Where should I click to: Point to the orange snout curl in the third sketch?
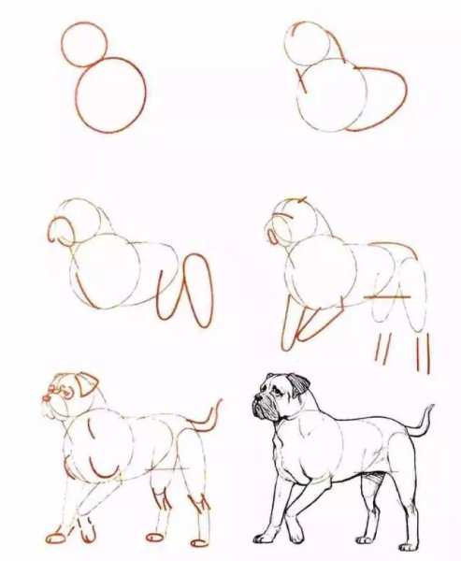[58, 229]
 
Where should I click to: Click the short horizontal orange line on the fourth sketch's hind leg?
[383, 297]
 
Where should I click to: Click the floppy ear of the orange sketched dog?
[86, 381]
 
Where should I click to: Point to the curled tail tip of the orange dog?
[218, 405]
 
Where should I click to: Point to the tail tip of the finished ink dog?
[432, 409]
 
